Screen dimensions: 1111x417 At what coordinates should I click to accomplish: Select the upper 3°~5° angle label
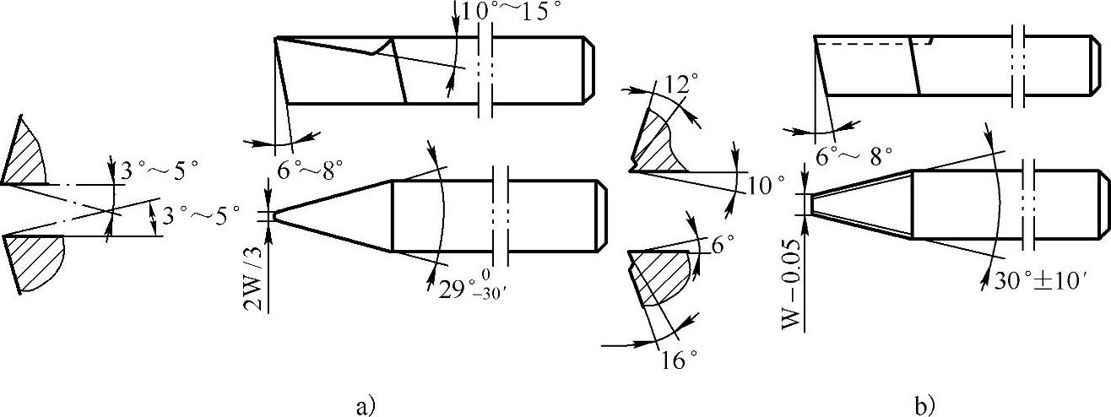160,171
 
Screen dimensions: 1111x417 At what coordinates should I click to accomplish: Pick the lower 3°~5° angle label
201,216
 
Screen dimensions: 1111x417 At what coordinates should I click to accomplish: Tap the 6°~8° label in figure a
310,171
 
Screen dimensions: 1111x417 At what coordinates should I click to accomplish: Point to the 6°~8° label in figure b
854,156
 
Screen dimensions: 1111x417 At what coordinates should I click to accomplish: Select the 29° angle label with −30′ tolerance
472,288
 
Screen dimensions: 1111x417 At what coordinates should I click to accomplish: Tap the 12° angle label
679,84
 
